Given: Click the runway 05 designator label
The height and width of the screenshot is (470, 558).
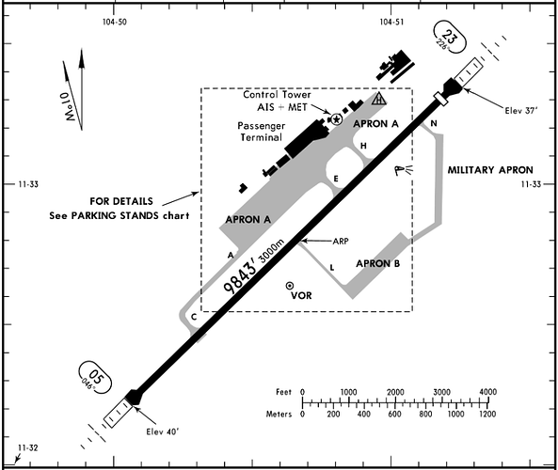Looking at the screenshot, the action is coord(96,377).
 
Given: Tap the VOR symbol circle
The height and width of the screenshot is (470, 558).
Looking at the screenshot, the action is coord(290,286).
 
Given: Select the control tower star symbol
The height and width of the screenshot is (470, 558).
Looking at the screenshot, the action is coord(336,119).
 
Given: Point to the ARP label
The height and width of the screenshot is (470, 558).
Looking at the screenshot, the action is coord(341,241).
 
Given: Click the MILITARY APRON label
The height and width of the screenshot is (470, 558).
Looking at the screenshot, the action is coord(490,170).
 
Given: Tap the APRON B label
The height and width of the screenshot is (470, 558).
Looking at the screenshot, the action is coord(378,263).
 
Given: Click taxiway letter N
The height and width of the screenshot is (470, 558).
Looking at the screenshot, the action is coord(434,123).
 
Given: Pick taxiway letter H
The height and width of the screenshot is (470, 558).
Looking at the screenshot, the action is coord(363,146).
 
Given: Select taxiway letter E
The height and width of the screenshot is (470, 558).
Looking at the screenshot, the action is coord(336,179).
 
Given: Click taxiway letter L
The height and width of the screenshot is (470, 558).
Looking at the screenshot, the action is coord(332,268).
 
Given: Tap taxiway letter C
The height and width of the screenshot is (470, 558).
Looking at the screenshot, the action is coord(194,317).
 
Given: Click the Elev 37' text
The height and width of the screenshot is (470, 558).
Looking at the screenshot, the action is coord(521,111).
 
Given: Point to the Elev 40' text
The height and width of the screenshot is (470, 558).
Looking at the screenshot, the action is coord(163,432).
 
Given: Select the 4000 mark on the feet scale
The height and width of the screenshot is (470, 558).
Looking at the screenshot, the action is coord(487,392).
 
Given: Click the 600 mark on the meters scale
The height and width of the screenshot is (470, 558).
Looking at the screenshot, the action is coord(394,414).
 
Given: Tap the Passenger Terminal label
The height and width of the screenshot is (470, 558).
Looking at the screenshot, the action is coord(262,132).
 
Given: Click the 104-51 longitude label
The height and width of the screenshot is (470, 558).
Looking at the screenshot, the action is coord(391,22).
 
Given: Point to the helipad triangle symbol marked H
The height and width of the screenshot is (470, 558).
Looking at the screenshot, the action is coord(379,99).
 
